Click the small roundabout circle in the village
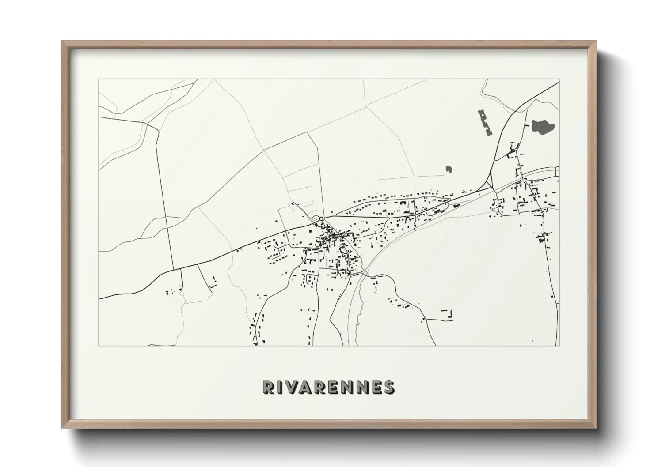(x=321, y=218)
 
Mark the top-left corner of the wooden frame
(x=61, y=41)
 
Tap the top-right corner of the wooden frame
(x=596, y=41)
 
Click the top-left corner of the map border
(x=99, y=79)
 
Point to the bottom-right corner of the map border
(x=559, y=346)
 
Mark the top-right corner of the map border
(x=559, y=79)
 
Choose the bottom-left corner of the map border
(x=99, y=346)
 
